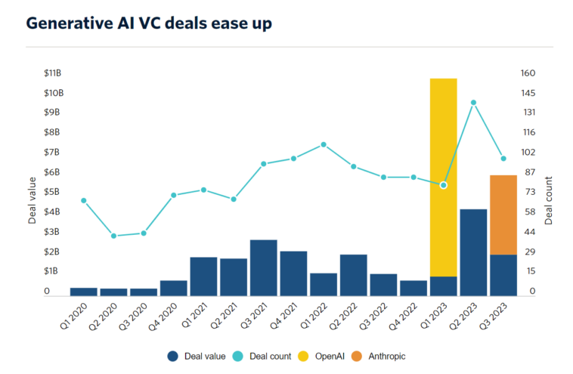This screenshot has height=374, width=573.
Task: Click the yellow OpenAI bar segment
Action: point(443,178)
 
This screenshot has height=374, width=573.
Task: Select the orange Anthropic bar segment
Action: point(503,215)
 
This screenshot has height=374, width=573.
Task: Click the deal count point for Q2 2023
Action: point(473,103)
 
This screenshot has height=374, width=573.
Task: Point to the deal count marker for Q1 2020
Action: point(84,200)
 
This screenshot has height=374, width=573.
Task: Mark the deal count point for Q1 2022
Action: point(324,144)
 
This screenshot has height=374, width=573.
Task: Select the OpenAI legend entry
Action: point(325,354)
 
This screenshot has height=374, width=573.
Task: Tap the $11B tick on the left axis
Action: point(53,73)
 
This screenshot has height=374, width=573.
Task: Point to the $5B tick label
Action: point(53,192)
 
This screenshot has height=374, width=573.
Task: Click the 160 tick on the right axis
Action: point(528,73)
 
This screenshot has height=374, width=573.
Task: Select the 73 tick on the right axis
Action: point(528,192)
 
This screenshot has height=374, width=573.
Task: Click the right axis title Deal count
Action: point(549,200)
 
